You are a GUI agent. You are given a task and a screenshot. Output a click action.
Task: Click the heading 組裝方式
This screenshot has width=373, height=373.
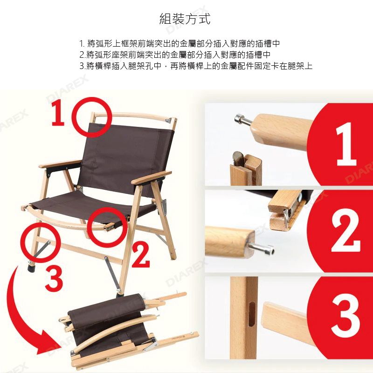[x=185, y=19]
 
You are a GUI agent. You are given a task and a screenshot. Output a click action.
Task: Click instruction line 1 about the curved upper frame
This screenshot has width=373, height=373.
[x=180, y=43]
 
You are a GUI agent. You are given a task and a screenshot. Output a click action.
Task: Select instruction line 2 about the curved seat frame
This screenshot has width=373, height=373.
[x=175, y=55]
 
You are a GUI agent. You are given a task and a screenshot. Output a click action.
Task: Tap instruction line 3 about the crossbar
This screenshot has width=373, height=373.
[x=196, y=66]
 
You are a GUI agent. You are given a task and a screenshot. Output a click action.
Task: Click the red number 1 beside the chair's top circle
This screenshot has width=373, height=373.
[x=58, y=112]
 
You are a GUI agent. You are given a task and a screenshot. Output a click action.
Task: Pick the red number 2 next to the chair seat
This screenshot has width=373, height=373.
[x=141, y=254]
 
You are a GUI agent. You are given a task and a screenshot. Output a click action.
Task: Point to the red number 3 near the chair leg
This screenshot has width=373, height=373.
[x=54, y=278]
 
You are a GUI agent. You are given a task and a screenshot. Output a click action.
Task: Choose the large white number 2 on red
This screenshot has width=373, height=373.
[x=345, y=230]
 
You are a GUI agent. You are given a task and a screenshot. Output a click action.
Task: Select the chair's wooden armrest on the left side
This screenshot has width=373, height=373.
[x=60, y=164]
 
